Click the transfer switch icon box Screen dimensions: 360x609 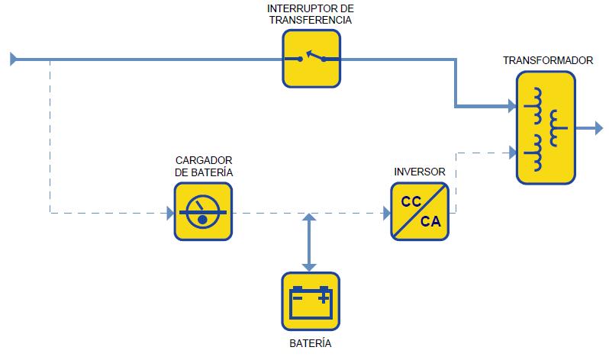(x=311, y=58)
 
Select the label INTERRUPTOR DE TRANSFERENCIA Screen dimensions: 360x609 (x=311, y=14)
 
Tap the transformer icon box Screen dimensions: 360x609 (x=546, y=127)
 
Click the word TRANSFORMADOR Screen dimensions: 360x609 (x=548, y=59)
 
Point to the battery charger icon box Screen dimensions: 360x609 (x=202, y=213)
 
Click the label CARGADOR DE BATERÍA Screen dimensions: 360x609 (x=204, y=166)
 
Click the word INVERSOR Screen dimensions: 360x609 (x=420, y=172)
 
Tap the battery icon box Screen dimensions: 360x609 (x=311, y=301)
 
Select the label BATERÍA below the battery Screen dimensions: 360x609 (x=311, y=344)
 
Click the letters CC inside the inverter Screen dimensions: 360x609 (x=411, y=203)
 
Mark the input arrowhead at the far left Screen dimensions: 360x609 (x=11, y=58)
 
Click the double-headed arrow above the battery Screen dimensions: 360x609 (x=308, y=243)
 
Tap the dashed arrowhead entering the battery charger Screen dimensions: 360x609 (x=169, y=214)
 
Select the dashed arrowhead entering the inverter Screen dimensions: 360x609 (x=385, y=214)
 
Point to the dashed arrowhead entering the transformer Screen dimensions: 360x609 (x=510, y=153)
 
